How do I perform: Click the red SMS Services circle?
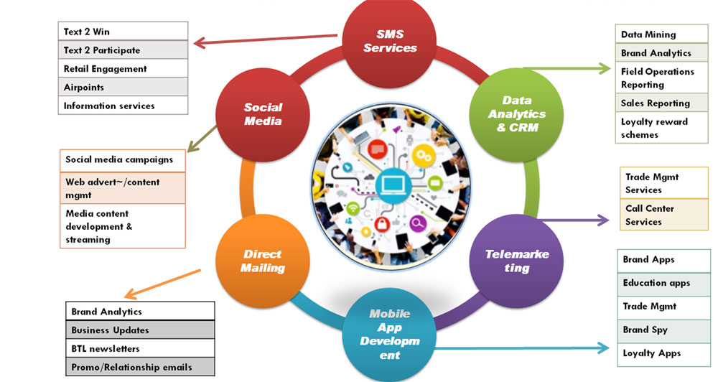[x=390, y=41]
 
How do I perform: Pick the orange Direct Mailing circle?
[x=263, y=261]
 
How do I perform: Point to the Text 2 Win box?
[x=122, y=32]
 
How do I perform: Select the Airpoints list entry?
[x=122, y=87]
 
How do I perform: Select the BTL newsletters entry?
[x=140, y=349]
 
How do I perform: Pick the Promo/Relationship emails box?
[x=140, y=367]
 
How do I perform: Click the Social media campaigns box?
[x=122, y=159]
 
